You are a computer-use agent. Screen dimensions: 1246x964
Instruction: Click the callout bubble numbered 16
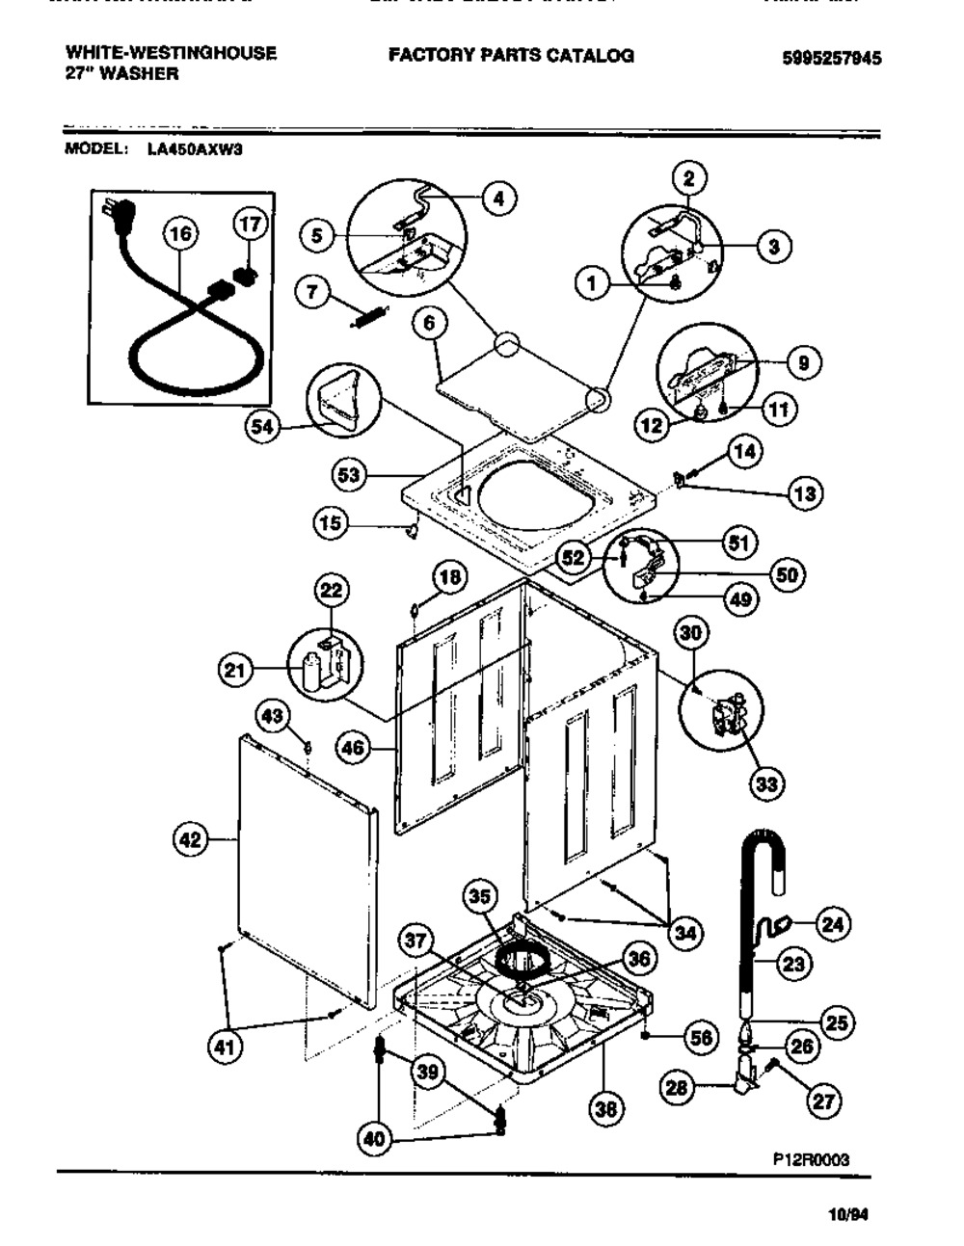coord(179,233)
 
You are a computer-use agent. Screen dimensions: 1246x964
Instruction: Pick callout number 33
coord(765,783)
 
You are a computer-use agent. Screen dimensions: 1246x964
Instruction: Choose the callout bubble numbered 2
coord(688,177)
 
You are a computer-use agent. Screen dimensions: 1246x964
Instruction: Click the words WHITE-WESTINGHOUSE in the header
coord(171,53)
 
